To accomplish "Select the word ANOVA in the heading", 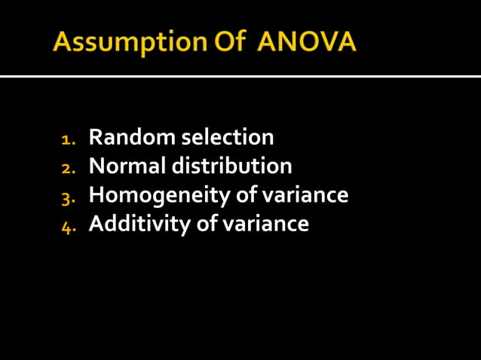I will point(307,42).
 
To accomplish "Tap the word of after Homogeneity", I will point(244,195).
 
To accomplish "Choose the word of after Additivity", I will point(204,224).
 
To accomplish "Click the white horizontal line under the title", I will point(240,76).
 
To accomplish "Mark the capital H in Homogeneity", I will point(97,195).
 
